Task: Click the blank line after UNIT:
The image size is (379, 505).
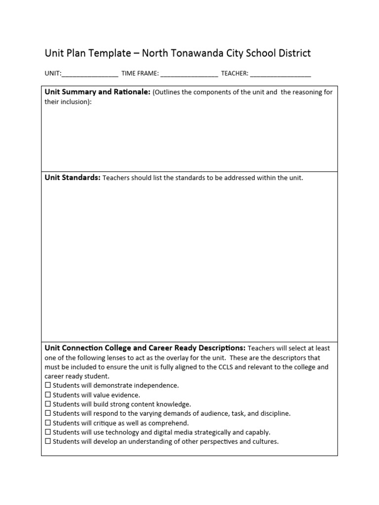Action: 90,74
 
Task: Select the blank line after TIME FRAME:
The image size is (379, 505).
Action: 189,74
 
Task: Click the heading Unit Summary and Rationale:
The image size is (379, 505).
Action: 97,92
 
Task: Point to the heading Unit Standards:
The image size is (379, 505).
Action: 73,178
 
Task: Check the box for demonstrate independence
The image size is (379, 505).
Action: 48,385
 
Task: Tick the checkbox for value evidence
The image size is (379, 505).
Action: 48,395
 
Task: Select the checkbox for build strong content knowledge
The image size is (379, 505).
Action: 48,404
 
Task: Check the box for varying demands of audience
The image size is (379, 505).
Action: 48,413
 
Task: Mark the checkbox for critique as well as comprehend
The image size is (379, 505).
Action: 48,423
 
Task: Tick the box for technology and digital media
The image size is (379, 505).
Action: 48,432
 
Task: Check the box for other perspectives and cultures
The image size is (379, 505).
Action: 48,441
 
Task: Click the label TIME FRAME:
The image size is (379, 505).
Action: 140,73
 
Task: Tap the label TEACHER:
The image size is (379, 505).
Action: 234,73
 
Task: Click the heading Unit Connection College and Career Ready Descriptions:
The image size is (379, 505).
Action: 145,348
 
